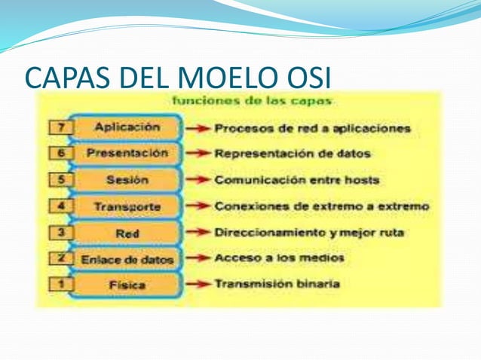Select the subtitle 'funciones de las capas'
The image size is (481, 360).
[x=252, y=100]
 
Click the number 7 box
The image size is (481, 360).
[x=60, y=128]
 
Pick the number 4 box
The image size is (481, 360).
[x=60, y=206]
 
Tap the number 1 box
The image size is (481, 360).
[x=60, y=285]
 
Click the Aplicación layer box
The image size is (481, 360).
[x=127, y=127]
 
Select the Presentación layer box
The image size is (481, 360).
[x=127, y=154]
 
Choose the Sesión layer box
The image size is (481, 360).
[x=127, y=180]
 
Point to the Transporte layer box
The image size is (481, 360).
[x=127, y=206]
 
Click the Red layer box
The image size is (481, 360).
[x=127, y=233]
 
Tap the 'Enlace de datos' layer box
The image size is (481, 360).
[x=127, y=259]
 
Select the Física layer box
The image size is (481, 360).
[x=127, y=285]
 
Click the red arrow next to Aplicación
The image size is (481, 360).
[x=198, y=129]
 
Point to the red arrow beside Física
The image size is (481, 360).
[x=198, y=285]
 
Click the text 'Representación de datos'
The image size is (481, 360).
[x=293, y=154]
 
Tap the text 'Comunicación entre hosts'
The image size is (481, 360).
[x=296, y=181]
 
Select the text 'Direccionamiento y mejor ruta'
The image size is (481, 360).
[x=309, y=233]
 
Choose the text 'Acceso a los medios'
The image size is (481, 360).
[x=279, y=258]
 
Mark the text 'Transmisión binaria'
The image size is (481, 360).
[x=277, y=285]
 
